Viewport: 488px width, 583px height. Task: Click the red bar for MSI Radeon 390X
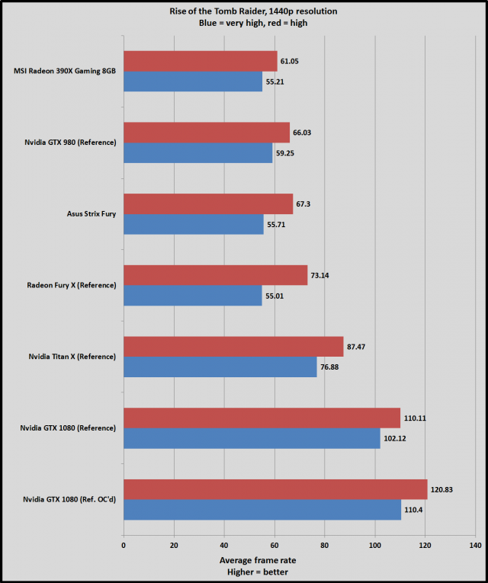pyautogui.click(x=200, y=61)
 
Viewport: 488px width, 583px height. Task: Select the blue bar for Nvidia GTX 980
pyautogui.click(x=197, y=153)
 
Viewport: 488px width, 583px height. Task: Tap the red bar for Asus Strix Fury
pyautogui.click(x=207, y=203)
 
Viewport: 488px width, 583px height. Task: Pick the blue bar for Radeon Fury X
pyautogui.click(x=192, y=296)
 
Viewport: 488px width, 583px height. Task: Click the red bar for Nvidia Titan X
pyautogui.click(x=233, y=347)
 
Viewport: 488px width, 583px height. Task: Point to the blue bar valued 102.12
pyautogui.click(x=251, y=438)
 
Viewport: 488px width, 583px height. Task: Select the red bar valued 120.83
pyautogui.click(x=274, y=489)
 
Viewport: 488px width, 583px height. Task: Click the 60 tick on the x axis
pyautogui.click(x=274, y=546)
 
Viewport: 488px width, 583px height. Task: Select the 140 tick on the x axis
pyautogui.click(x=475, y=546)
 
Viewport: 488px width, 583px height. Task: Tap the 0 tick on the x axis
pyautogui.click(x=124, y=546)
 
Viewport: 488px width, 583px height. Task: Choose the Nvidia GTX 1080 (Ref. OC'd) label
pyautogui.click(x=69, y=500)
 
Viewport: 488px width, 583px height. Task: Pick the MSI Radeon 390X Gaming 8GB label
pyautogui.click(x=65, y=72)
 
